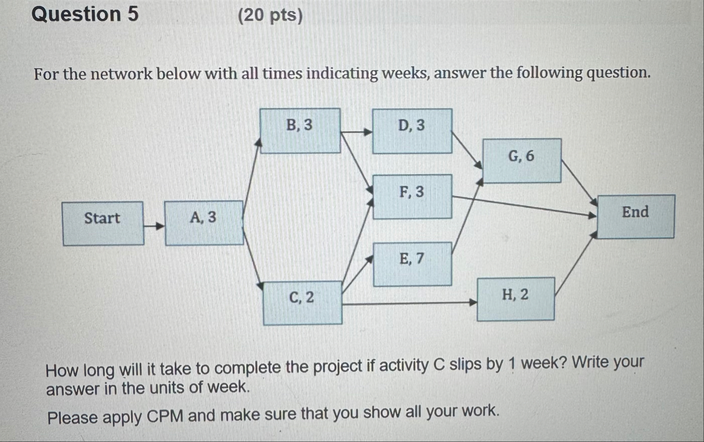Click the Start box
point(102,223)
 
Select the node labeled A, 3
point(204,223)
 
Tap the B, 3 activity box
point(300,130)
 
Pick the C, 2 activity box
point(302,303)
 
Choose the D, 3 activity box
point(412,131)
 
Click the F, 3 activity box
point(412,196)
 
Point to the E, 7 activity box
point(412,264)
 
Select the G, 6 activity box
point(522,160)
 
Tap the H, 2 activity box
point(515,298)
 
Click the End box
point(635,216)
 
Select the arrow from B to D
point(357,132)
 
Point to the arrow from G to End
point(579,182)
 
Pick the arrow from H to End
point(574,264)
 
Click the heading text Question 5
point(85,14)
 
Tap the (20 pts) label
point(271,16)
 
